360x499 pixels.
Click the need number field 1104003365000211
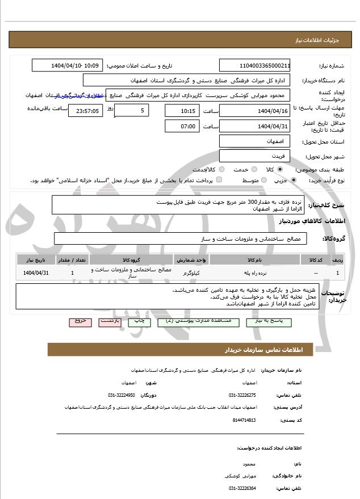tap(255, 65)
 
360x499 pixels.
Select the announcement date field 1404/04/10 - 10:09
tap(68, 65)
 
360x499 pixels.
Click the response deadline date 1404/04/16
tap(255, 110)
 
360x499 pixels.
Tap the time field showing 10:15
tap(182, 110)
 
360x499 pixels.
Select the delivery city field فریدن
tap(255, 156)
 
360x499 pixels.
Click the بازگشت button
tap(109, 321)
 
